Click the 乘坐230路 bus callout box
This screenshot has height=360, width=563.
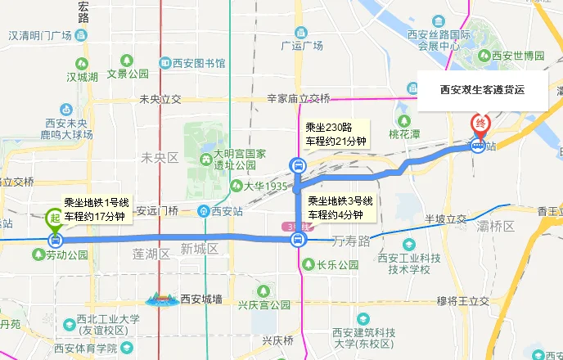tap(335, 134)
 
